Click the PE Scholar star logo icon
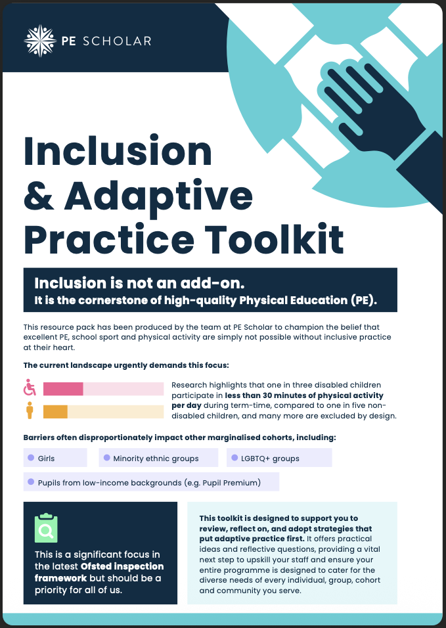40,41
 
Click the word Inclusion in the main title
118,150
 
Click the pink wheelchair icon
30,388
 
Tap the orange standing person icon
30,412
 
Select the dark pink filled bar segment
63,389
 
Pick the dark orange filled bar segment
55,412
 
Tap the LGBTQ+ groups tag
279,458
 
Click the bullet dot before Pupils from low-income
31,482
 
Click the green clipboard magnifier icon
46,528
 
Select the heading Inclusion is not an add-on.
139,284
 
